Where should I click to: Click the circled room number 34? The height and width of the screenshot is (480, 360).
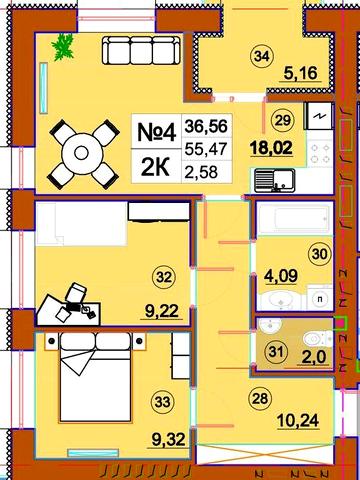(x=262, y=56)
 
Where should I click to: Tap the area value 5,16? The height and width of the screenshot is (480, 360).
(x=300, y=73)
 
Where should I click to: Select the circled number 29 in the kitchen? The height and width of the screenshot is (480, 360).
(x=283, y=120)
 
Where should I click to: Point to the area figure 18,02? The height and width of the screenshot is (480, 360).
(x=272, y=147)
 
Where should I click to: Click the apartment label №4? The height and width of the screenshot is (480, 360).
(x=156, y=132)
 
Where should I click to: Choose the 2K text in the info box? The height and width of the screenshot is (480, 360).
(x=155, y=167)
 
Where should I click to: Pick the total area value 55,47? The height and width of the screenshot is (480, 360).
(x=206, y=149)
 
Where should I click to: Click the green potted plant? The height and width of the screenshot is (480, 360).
(x=63, y=47)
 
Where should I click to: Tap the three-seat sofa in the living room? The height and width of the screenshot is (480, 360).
(x=141, y=50)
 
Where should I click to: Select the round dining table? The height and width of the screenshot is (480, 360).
(x=81, y=153)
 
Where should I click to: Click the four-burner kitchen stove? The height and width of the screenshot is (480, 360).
(x=320, y=153)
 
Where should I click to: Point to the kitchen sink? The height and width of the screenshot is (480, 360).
(x=275, y=180)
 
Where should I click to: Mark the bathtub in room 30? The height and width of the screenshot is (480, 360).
(x=295, y=219)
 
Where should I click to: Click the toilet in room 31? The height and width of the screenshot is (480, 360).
(x=318, y=339)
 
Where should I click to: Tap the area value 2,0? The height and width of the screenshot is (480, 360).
(x=314, y=356)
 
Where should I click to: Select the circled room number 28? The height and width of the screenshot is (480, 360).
(x=260, y=398)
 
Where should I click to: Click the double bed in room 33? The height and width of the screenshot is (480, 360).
(x=95, y=377)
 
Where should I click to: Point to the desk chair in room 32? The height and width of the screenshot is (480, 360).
(x=76, y=292)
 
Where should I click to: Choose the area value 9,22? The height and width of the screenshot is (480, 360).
(x=162, y=311)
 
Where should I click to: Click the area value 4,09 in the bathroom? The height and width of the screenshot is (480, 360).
(x=281, y=275)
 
